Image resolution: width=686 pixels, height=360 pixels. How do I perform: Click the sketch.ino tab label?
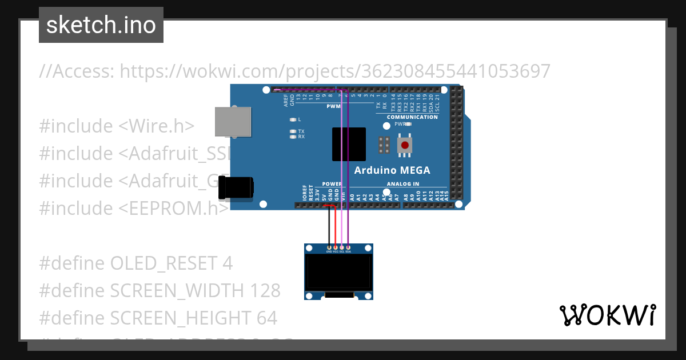(x=101, y=25)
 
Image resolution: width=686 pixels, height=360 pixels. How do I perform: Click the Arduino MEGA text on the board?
(x=392, y=170)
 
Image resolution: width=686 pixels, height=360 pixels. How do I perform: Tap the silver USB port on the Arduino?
(x=232, y=121)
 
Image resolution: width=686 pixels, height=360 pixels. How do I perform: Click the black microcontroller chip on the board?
(x=349, y=144)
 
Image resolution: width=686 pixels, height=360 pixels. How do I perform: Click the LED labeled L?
(x=293, y=119)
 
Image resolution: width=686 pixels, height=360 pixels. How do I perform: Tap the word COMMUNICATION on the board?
(x=412, y=117)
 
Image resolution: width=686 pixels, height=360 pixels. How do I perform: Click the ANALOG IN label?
(x=403, y=184)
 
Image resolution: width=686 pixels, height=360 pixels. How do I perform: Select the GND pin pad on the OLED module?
(x=329, y=247)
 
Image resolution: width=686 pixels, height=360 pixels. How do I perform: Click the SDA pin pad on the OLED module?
(x=348, y=247)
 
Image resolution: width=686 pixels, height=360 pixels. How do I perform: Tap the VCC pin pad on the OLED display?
(x=335, y=247)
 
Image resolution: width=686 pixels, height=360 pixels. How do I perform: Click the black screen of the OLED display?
(x=339, y=272)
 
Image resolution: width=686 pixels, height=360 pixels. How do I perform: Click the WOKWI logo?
(x=607, y=315)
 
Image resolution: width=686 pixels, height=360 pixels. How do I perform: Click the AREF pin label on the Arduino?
(x=286, y=101)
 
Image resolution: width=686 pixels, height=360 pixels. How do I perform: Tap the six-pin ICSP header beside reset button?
(x=384, y=146)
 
